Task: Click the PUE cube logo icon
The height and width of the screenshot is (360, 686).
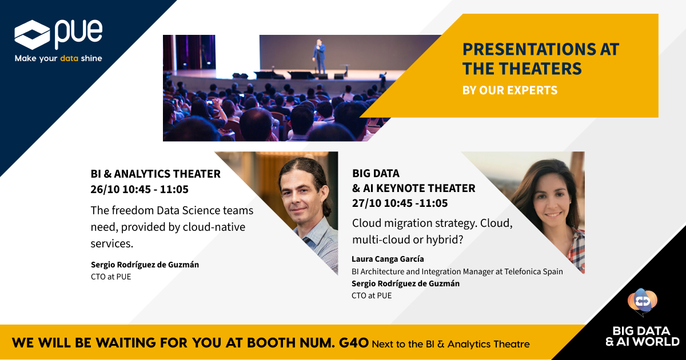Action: point(31,35)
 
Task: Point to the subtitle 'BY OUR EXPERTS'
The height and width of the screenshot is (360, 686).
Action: point(509,90)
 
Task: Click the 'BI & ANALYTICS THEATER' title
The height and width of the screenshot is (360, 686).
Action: point(155,174)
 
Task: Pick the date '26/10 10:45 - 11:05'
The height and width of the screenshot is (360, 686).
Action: point(139,189)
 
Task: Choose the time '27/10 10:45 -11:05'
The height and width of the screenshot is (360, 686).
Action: point(400,203)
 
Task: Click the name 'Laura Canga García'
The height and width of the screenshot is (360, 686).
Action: point(388,259)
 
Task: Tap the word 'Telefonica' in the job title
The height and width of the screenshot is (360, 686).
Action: point(513,271)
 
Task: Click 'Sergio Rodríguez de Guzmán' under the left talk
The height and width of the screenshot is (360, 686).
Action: point(145,265)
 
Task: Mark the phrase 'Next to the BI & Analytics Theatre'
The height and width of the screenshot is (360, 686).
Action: point(450,344)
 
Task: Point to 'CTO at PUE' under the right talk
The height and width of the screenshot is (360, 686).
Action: point(372,295)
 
